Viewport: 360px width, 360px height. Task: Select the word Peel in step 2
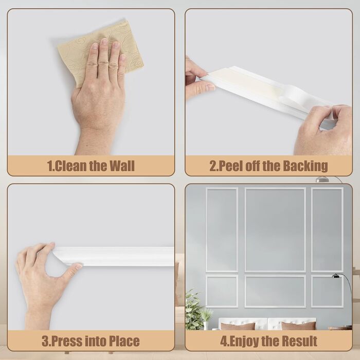click(x=229, y=166)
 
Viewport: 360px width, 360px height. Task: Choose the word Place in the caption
click(x=124, y=340)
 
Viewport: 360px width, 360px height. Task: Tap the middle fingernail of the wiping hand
click(x=104, y=41)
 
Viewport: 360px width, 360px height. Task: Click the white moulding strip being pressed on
click(x=114, y=256)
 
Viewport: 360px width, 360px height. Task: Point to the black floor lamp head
click(x=336, y=276)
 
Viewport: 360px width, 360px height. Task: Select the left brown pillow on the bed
click(x=238, y=326)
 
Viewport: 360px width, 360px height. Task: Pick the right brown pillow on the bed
click(x=298, y=326)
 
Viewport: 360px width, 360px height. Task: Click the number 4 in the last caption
click(x=224, y=341)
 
